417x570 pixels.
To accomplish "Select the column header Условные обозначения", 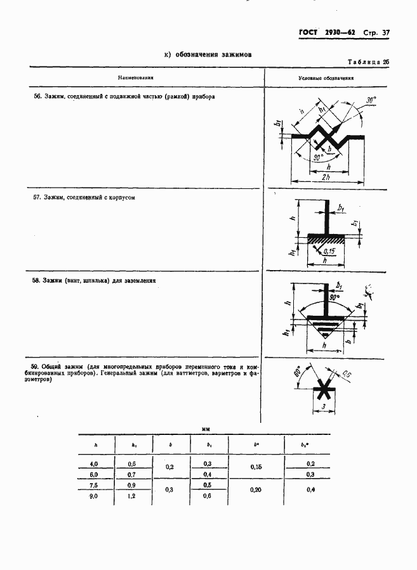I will [x=326, y=78].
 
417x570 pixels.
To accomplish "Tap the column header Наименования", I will [x=136, y=78].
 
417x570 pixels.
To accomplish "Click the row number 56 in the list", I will [x=37, y=97].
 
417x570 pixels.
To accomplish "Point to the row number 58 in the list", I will [x=37, y=280].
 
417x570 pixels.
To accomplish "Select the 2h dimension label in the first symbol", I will [x=324, y=177].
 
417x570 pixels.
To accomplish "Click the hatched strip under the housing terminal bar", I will [x=326, y=240].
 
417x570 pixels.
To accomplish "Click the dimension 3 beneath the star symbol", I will [x=323, y=405].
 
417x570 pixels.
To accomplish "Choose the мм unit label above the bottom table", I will [x=206, y=429].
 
